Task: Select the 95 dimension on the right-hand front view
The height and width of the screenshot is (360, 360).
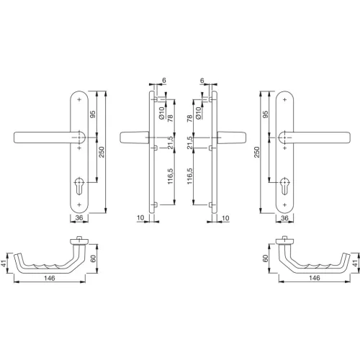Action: [265, 115]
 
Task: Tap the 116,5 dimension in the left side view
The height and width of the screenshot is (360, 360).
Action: [169, 177]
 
